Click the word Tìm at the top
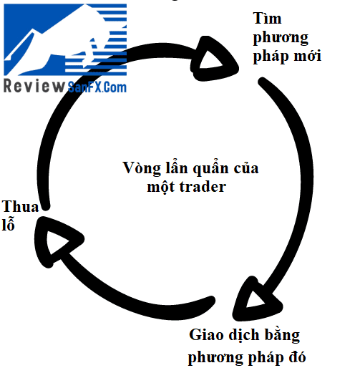(x=267, y=18)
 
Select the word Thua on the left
(x=20, y=206)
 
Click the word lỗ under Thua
(x=8, y=223)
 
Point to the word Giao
(x=207, y=334)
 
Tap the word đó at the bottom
(x=297, y=357)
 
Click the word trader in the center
(x=203, y=186)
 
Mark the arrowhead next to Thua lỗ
(x=55, y=241)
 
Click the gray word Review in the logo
(x=34, y=86)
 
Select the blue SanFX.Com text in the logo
(x=97, y=87)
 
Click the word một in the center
(x=161, y=186)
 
